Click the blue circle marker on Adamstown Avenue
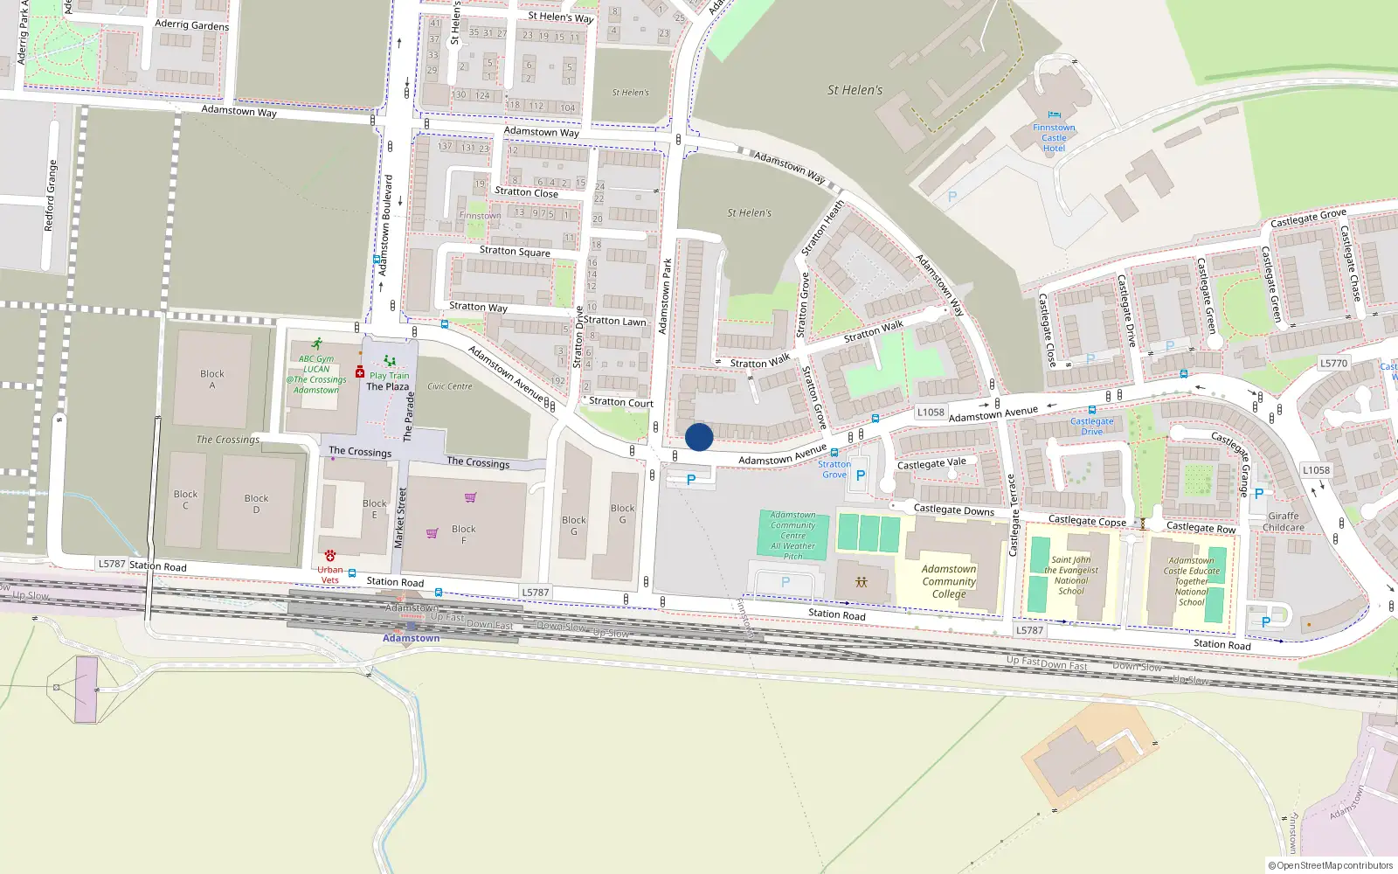[699, 437]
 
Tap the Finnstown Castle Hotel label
[1054, 138]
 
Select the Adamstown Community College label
[949, 581]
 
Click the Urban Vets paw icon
[330, 556]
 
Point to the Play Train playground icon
[390, 361]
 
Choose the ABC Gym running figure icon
[316, 344]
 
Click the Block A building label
[212, 379]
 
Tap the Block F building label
[464, 534]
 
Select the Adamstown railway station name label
[412, 638]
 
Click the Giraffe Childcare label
[1284, 522]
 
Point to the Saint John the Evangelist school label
[1071, 575]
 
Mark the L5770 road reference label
[1334, 364]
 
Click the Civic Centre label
[450, 386]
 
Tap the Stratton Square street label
[515, 251]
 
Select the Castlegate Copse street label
[1087, 521]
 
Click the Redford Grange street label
[51, 195]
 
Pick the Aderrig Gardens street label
[192, 25]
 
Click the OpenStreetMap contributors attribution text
[1331, 866]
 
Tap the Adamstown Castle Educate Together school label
[1192, 581]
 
